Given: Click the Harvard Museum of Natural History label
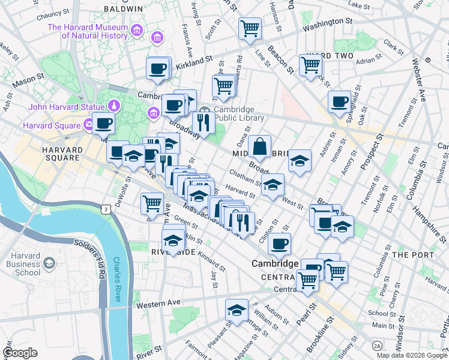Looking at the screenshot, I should coord(87,31).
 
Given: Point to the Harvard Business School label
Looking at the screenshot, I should coord(22,264).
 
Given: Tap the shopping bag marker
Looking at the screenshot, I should coord(260,147).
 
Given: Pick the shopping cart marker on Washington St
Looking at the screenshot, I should coord(250,28).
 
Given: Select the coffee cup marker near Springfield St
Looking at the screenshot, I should coord(339,101).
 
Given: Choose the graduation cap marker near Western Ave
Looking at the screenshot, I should coord(237,310).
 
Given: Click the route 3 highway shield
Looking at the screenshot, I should coord(106,209).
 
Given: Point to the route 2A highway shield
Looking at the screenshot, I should coord(377,346).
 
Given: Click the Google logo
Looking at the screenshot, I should coord(20,353).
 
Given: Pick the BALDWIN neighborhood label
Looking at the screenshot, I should coord(123,9).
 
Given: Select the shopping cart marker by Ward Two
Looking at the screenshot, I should coord(311,65).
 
